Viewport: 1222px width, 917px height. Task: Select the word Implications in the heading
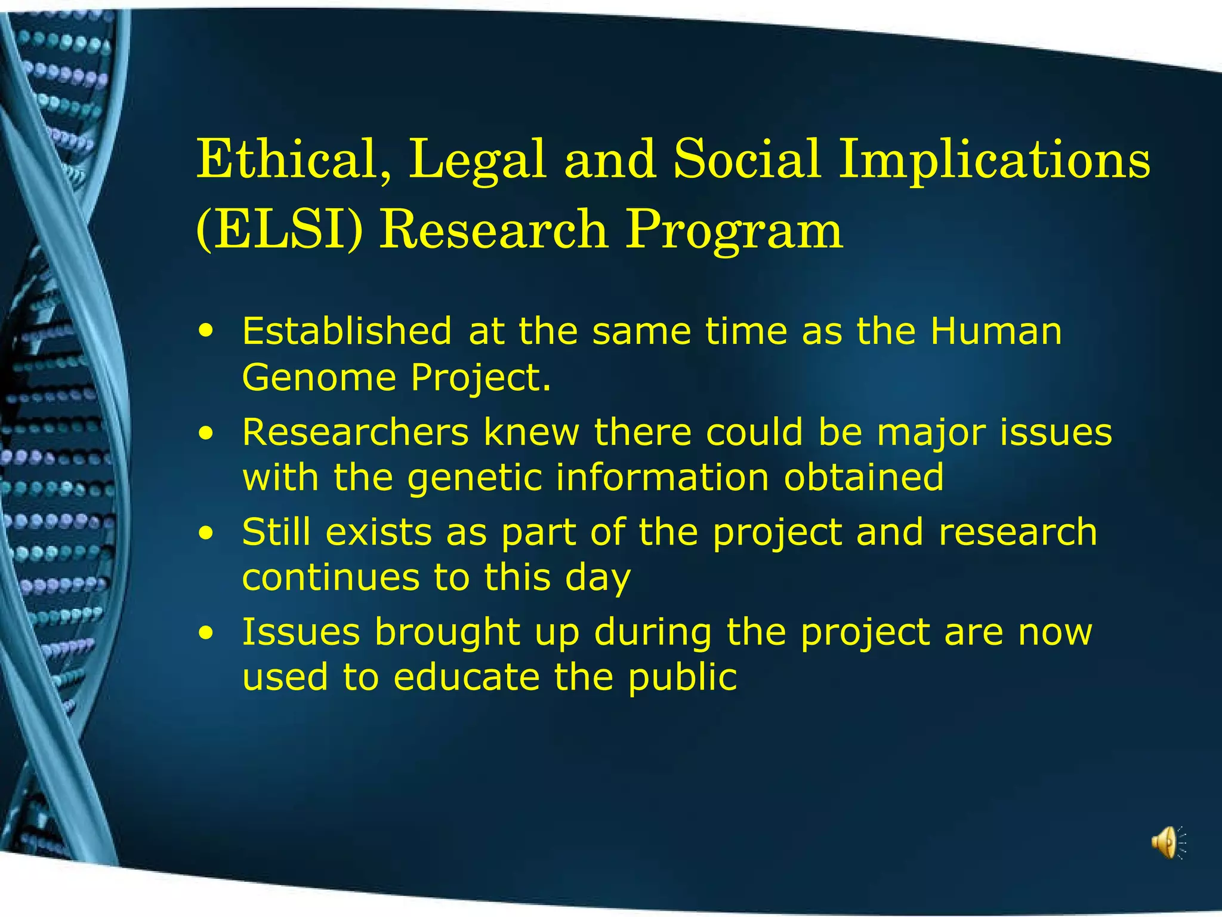click(994, 160)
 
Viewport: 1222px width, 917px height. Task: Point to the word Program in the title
click(733, 230)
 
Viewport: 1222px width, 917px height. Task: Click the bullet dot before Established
click(206, 331)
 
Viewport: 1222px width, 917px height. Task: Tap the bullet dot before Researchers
click(206, 432)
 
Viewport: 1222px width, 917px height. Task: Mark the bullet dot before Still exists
click(206, 532)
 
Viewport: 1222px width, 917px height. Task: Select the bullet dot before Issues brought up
click(206, 632)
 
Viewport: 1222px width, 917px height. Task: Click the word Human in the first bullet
click(996, 331)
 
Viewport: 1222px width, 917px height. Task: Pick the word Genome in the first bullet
click(319, 379)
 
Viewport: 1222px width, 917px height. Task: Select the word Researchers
click(356, 432)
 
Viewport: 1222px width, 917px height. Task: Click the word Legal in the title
click(477, 160)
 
